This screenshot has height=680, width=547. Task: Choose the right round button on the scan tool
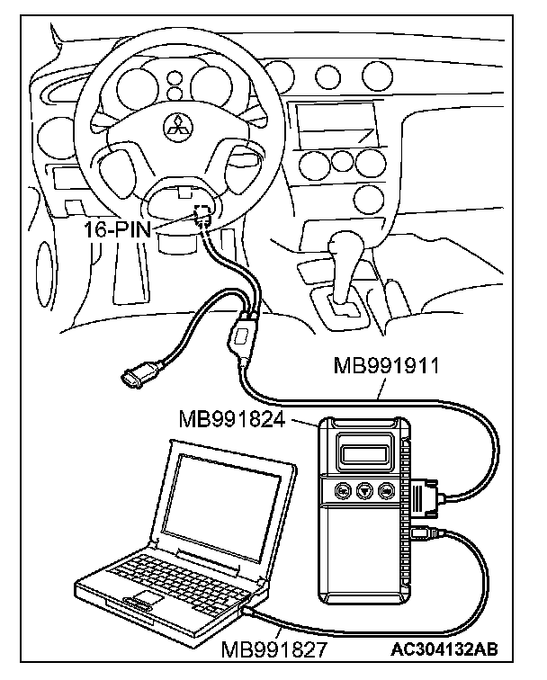tap(386, 492)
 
